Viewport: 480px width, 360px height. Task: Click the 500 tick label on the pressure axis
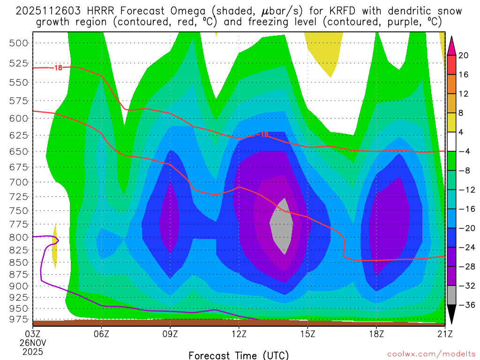click(19, 43)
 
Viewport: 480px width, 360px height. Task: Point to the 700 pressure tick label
click(19, 182)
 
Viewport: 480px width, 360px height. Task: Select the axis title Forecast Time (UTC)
click(239, 355)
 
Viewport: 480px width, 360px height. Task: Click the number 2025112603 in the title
click(48, 11)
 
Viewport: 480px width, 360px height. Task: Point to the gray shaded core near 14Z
click(283, 225)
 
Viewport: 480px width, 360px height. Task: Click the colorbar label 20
click(464, 55)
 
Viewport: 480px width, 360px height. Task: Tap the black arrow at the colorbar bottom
click(451, 314)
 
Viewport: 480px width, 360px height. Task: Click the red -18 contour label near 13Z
click(263, 135)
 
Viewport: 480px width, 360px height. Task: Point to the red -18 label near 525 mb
click(57, 67)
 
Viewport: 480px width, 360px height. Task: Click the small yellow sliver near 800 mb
click(55, 248)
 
